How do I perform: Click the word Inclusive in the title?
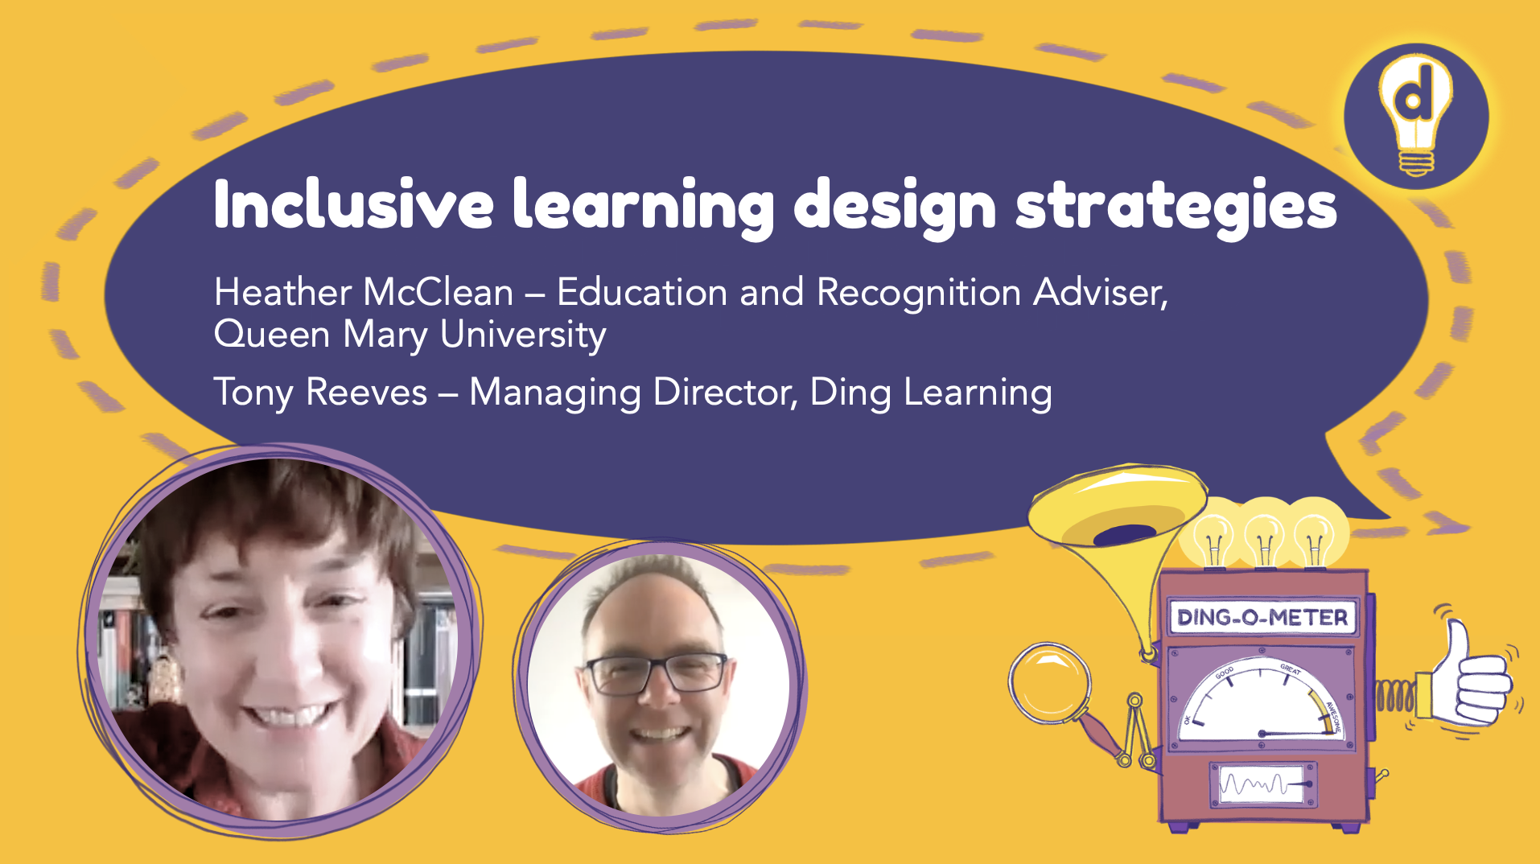tap(352, 204)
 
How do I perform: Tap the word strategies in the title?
tap(1176, 206)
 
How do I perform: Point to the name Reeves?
tap(366, 393)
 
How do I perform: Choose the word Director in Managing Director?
tap(725, 393)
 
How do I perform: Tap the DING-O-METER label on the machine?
tap(1262, 618)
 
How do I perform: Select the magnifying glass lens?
tap(1049, 683)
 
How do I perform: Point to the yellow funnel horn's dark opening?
tap(1125, 533)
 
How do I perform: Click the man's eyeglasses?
tap(656, 673)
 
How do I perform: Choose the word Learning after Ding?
tap(977, 393)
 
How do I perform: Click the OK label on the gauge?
tap(1188, 718)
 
